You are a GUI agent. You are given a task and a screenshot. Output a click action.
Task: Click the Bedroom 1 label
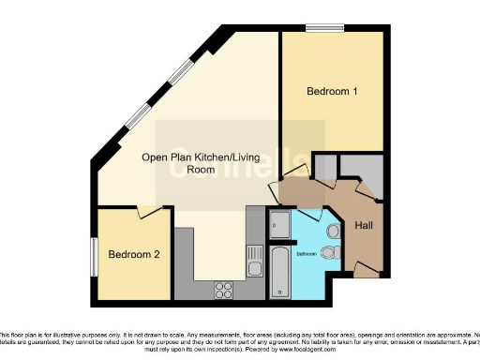332,92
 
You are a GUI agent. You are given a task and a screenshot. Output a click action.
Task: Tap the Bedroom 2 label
132,254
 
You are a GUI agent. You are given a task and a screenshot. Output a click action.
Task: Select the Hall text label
364,227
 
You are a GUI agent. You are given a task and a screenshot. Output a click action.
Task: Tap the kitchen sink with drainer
254,258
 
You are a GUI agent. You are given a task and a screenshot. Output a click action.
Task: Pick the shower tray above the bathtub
279,223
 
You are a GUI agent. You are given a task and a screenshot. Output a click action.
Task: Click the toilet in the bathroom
328,251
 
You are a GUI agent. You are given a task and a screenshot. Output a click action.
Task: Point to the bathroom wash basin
334,232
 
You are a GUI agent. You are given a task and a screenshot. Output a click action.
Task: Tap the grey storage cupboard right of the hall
360,168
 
